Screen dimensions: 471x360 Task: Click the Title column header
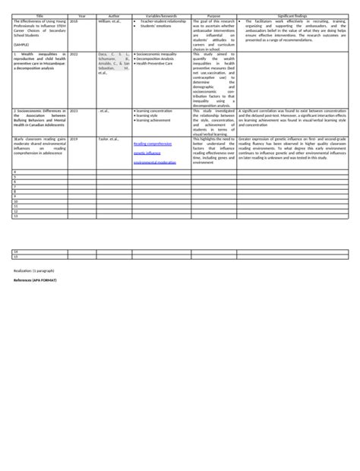pyautogui.click(x=39, y=16)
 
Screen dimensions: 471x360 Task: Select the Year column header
pyautogui.click(x=82, y=16)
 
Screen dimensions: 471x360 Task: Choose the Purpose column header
pyautogui.click(x=213, y=16)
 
